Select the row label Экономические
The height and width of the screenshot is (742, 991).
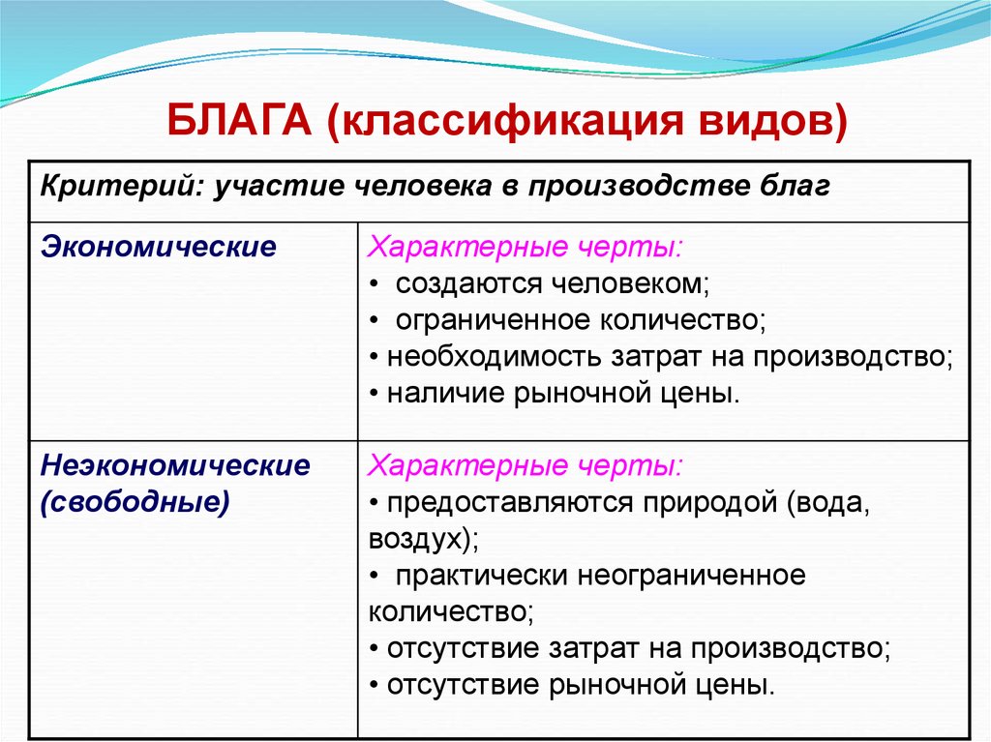pyautogui.click(x=158, y=247)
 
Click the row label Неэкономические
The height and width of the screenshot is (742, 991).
pyautogui.click(x=175, y=466)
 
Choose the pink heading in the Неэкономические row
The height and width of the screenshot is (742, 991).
pyautogui.click(x=524, y=466)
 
